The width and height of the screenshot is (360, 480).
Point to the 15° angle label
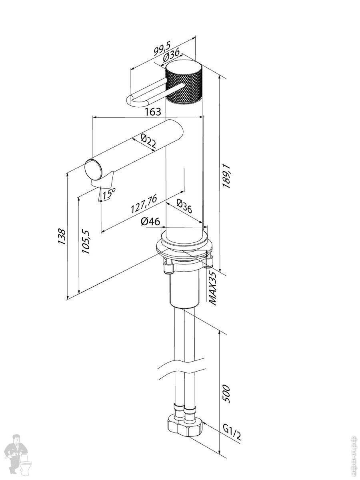pyautogui.click(x=108, y=194)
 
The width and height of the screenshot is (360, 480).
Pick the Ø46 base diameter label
pyautogui.click(x=150, y=221)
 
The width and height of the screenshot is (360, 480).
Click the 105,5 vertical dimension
pyautogui.click(x=85, y=242)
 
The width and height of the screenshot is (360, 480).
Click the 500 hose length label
pyautogui.click(x=226, y=394)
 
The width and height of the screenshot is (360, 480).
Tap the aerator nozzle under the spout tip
pyautogui.click(x=103, y=182)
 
